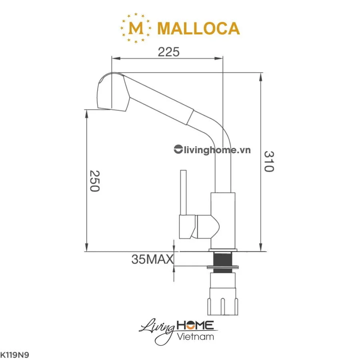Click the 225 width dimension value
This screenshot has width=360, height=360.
(168, 52)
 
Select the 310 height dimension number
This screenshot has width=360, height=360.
(269, 161)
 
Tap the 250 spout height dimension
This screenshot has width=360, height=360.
(94, 181)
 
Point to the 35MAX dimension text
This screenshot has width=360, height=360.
(152, 259)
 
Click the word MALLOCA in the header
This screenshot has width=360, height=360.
(199, 28)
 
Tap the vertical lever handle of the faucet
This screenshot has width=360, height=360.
(184, 192)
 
